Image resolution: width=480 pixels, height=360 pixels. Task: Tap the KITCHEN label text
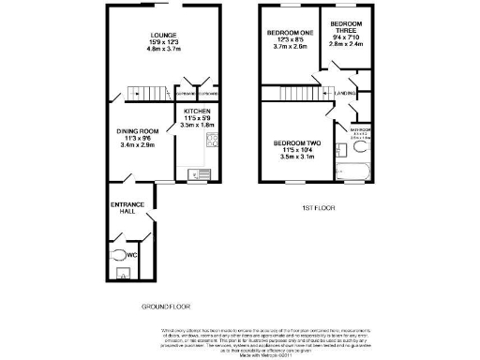[197, 111]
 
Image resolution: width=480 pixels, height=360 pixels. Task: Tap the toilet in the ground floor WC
[117, 252]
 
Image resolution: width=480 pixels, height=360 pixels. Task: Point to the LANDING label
[344, 94]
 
